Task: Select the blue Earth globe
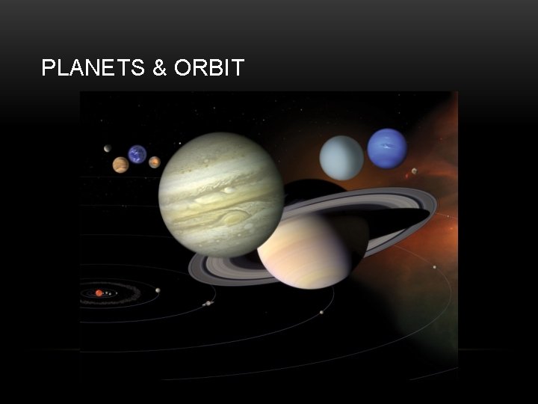pyautogui.click(x=137, y=154)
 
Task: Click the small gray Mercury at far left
pyautogui.click(x=108, y=147)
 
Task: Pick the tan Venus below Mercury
pyautogui.click(x=120, y=165)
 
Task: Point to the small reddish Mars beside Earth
pyautogui.click(x=155, y=162)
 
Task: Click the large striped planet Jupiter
pyautogui.click(x=220, y=195)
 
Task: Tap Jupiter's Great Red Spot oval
pyautogui.click(x=235, y=218)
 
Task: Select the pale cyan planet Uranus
pyautogui.click(x=341, y=158)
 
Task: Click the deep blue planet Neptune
pyautogui.click(x=387, y=148)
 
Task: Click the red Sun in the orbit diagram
pyautogui.click(x=99, y=293)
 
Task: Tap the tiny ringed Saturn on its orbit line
pyautogui.click(x=208, y=303)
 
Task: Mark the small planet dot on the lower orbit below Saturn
pyautogui.click(x=321, y=312)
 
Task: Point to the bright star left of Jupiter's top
pyautogui.click(x=179, y=143)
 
